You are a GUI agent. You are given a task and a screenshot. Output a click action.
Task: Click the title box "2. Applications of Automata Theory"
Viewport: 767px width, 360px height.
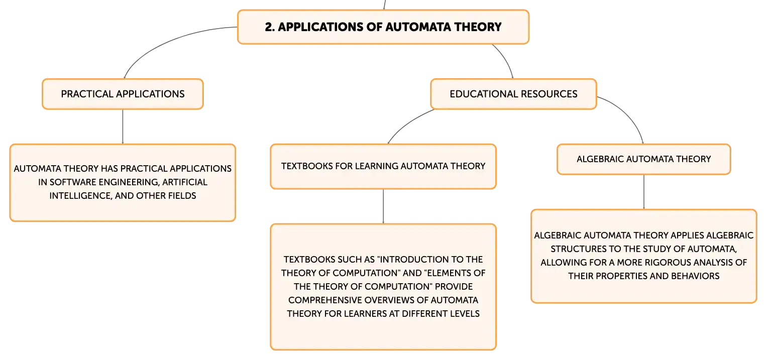pyautogui.click(x=383, y=27)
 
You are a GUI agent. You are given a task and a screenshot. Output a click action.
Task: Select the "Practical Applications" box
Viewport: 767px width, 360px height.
pyautogui.click(x=123, y=94)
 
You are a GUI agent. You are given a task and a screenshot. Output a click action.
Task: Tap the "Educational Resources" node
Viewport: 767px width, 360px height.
pyautogui.click(x=513, y=94)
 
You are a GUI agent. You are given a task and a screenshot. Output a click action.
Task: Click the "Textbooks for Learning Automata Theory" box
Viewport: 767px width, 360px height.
pyautogui.click(x=383, y=166)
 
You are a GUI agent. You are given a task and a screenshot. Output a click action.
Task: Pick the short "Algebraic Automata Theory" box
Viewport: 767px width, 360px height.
pyautogui.click(x=644, y=159)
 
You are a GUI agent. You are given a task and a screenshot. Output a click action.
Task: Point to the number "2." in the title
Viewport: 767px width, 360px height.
pyautogui.click(x=270, y=27)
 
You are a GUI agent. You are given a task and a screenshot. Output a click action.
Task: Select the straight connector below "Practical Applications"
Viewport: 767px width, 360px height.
pyautogui.click(x=123, y=127)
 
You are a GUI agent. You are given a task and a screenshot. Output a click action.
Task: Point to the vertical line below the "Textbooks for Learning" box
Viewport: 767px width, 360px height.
pyautogui.click(x=383, y=206)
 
